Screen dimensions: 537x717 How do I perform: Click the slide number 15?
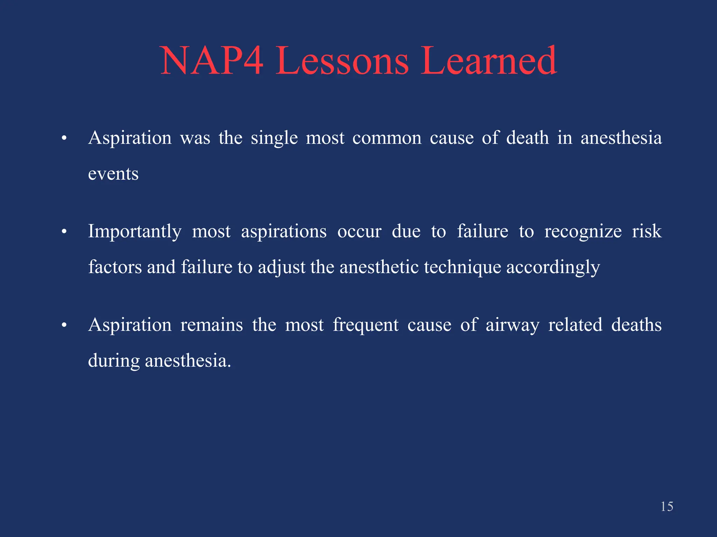[x=667, y=507]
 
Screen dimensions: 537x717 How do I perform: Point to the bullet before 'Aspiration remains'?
[x=64, y=325]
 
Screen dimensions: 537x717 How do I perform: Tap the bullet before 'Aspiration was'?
[x=64, y=138]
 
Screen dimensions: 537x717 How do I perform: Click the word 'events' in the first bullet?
[x=113, y=174]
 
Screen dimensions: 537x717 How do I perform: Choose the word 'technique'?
[x=462, y=268]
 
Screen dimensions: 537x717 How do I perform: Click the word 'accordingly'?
[x=553, y=268]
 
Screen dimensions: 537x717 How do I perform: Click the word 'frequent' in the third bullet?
[x=366, y=325]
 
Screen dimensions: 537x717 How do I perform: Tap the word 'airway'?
[x=512, y=325]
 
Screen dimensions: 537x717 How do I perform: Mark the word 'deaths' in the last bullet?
[x=636, y=325]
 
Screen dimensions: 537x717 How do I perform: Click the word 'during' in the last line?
[x=113, y=361]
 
